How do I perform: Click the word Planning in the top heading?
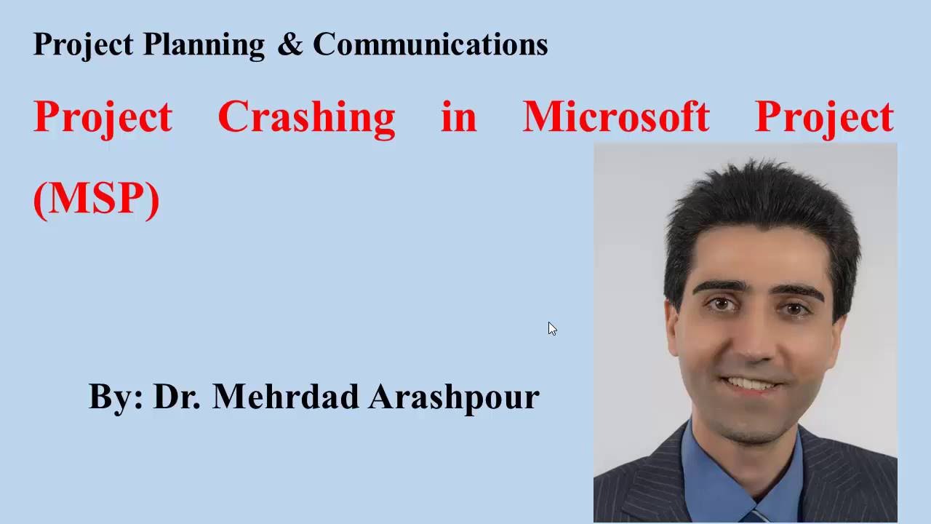tap(204, 45)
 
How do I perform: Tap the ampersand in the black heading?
tap(289, 44)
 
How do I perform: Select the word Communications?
tap(430, 44)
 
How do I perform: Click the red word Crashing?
tap(306, 116)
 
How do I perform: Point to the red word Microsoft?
tap(615, 116)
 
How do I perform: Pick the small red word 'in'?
tap(458, 116)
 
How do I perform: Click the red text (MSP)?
tap(96, 198)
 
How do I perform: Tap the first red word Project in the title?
tap(103, 116)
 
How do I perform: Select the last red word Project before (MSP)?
tap(824, 116)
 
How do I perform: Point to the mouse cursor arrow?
tap(552, 329)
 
